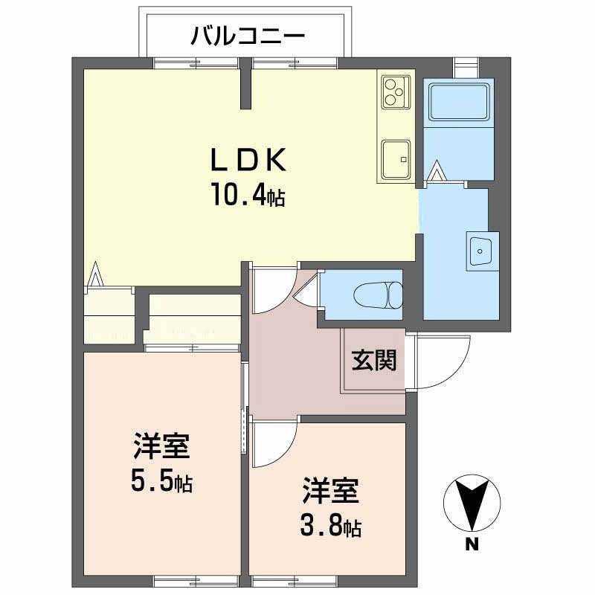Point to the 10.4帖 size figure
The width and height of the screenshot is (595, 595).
tap(247, 196)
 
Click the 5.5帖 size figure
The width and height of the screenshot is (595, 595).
tap(162, 482)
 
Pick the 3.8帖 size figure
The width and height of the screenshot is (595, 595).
tap(331, 527)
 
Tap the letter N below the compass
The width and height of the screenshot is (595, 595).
tap(471, 545)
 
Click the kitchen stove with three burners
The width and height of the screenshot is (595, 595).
tap(395, 92)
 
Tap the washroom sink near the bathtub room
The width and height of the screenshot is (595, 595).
tap(479, 251)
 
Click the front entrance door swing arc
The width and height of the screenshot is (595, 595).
tap(443, 360)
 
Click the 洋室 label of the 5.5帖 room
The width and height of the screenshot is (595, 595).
tap(162, 447)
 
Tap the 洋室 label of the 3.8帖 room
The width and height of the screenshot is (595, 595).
tap(331, 492)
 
